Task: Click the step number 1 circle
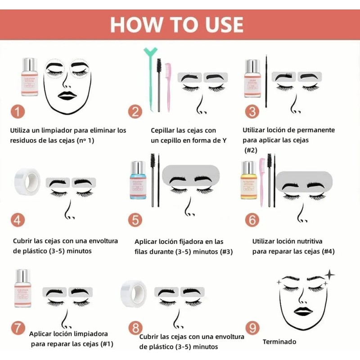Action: (18, 111)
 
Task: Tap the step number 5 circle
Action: (135, 220)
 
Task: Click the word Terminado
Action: (279, 342)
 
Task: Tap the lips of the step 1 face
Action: (68, 95)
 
